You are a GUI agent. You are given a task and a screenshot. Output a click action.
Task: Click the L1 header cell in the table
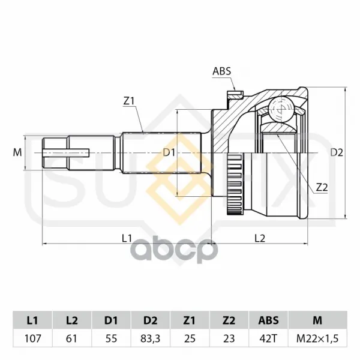32,320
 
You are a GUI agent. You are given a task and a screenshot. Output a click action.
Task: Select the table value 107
32,338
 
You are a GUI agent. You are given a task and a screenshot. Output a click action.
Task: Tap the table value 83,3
151,338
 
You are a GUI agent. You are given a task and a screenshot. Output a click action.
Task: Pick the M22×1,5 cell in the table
317,338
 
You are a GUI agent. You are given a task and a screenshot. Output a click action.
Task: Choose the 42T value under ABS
268,338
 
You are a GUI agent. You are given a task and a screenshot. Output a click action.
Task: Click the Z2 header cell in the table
229,320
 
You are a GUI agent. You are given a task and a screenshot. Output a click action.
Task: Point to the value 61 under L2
71,338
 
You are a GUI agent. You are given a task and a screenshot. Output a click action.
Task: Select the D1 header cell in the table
111,320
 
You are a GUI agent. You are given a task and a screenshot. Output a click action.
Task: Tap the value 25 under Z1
190,338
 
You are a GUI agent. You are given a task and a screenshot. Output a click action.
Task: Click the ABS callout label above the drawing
221,71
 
